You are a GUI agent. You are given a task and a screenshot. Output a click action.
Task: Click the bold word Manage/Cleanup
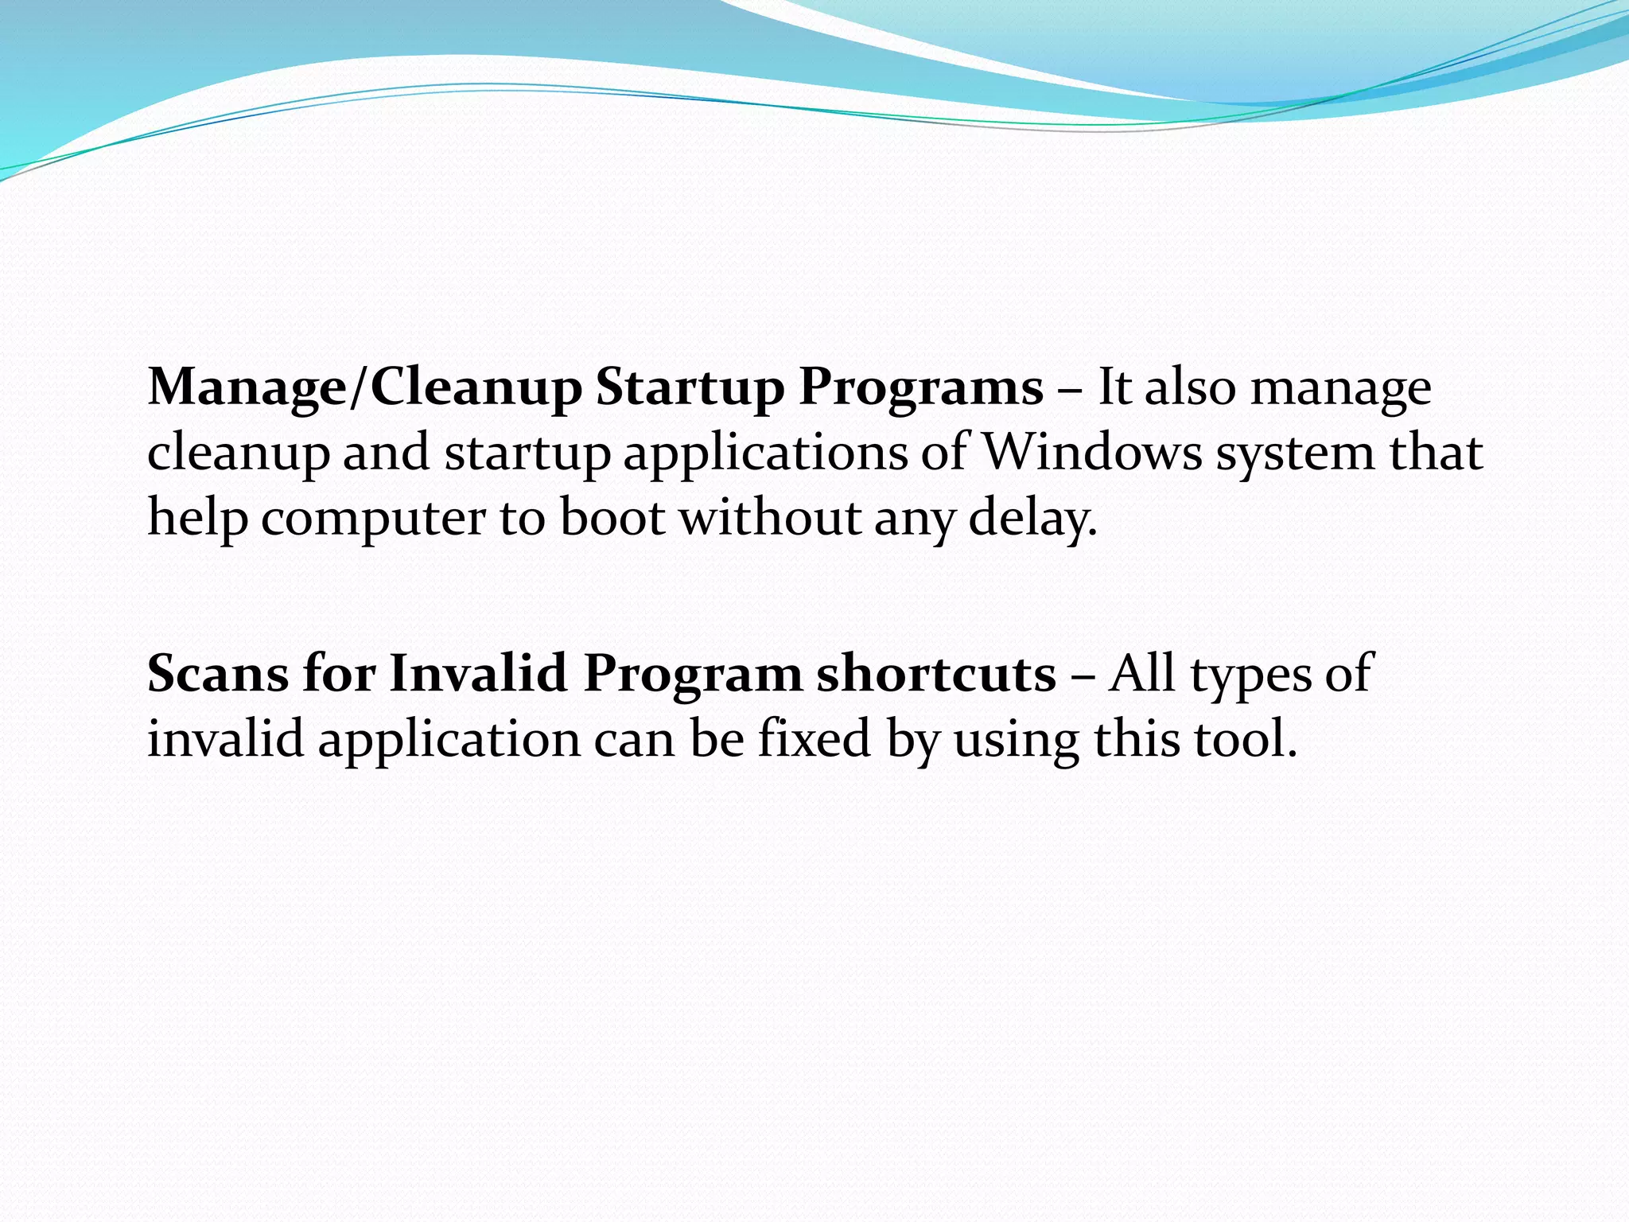point(365,388)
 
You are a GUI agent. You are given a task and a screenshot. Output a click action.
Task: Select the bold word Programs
point(920,388)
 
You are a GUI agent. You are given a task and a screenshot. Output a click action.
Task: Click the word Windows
point(1093,453)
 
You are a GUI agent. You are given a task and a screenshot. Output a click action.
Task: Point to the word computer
point(372,519)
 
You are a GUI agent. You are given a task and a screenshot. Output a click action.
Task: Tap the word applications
point(765,454)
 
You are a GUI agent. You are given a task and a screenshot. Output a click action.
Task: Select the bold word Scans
point(218,674)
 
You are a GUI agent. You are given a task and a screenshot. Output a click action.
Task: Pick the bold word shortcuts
point(936,674)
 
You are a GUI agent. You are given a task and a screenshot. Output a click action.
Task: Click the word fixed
point(814,738)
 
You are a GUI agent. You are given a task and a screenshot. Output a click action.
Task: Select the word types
point(1250,675)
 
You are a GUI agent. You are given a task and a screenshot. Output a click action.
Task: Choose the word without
point(769,517)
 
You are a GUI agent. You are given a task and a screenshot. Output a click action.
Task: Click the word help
point(197,519)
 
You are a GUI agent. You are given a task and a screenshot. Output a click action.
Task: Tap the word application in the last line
point(449,740)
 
